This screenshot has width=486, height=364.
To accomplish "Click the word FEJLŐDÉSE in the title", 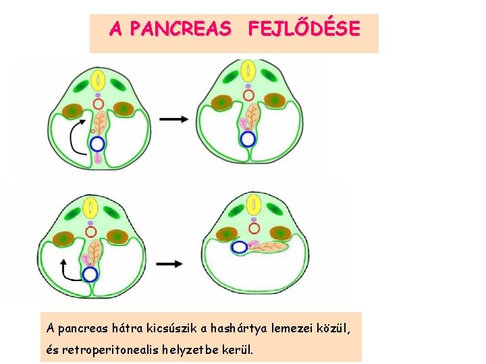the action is click(304, 29).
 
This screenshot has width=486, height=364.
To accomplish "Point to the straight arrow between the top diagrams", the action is click(174, 119).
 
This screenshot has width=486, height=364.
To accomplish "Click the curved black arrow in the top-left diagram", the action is click(76, 135).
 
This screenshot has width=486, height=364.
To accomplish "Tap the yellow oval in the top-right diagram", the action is click(249, 70).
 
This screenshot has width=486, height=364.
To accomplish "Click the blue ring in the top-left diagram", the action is click(98, 144).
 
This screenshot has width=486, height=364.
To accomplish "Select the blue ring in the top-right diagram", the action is click(248, 140).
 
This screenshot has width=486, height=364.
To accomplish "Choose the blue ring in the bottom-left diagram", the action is click(90, 274).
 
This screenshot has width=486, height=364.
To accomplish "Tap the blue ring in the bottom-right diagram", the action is click(239, 247).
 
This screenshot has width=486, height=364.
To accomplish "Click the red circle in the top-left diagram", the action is click(99, 104).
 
